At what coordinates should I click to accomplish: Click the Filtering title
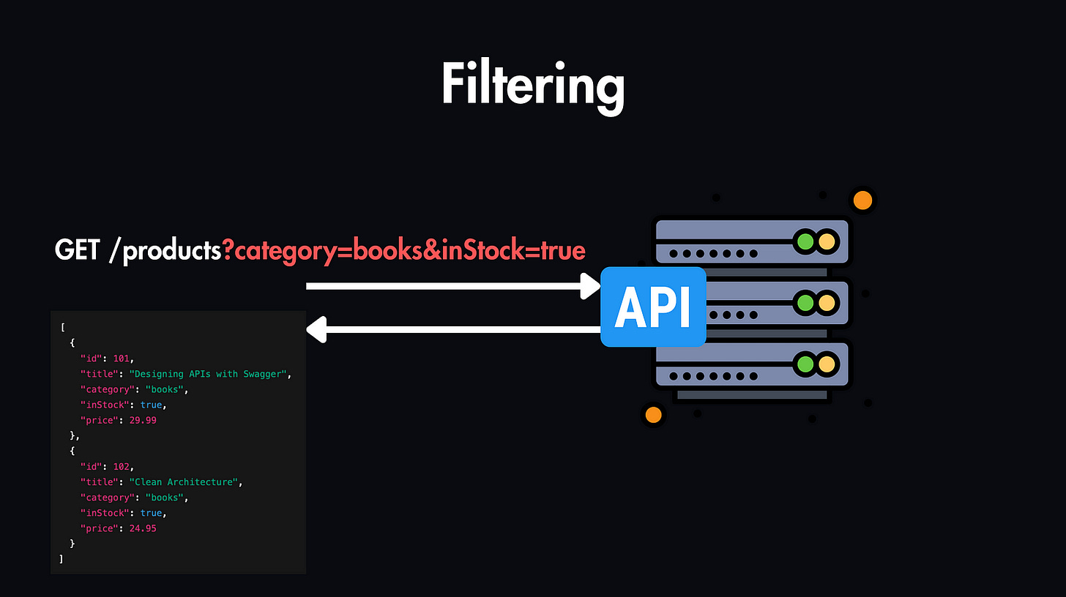(x=532, y=86)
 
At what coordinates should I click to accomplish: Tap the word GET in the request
(x=76, y=251)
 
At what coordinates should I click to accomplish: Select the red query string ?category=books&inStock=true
(x=404, y=251)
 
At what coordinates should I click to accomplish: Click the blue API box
(x=652, y=307)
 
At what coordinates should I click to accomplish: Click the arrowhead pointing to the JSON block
(x=316, y=330)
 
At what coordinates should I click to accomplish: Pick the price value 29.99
(x=141, y=420)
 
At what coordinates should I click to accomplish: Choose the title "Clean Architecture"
(x=184, y=482)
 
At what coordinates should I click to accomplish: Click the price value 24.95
(x=141, y=528)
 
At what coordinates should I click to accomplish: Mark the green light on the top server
(x=805, y=241)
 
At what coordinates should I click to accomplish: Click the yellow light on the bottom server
(x=827, y=364)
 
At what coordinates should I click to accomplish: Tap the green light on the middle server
(x=805, y=302)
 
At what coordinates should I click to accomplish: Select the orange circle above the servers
(x=862, y=200)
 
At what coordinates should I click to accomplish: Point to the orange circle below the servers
(x=653, y=415)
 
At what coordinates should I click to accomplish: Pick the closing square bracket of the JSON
(x=61, y=559)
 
